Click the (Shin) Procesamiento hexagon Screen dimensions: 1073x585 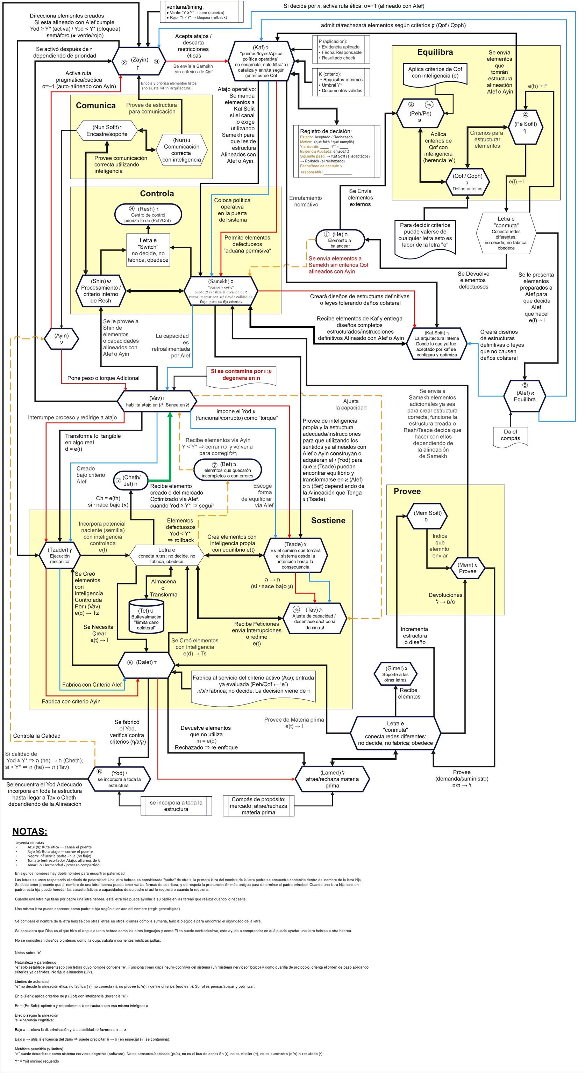point(100,290)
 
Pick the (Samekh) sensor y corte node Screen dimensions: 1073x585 point(221,290)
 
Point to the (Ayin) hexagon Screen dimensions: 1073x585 point(61,338)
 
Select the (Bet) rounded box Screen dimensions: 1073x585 point(228,470)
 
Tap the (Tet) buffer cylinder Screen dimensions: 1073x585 point(146,616)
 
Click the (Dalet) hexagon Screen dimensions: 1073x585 point(146,663)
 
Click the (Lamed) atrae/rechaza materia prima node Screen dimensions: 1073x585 point(332,779)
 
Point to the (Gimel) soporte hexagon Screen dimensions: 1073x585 point(396,674)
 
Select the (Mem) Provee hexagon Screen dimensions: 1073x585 point(468,568)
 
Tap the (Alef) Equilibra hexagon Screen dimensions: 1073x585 point(524,395)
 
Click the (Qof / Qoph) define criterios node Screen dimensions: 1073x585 point(468,182)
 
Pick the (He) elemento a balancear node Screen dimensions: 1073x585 point(340,240)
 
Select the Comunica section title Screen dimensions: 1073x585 point(95,105)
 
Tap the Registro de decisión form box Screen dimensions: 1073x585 point(336,151)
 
